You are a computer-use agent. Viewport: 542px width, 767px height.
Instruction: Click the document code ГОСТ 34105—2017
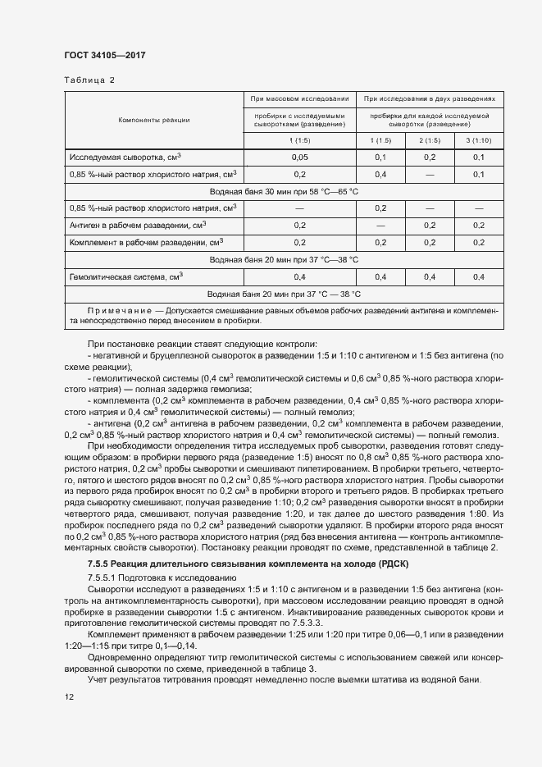coord(105,57)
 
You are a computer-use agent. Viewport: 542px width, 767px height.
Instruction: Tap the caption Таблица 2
coord(89,80)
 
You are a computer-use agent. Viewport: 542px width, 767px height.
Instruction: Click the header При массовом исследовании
coord(300,99)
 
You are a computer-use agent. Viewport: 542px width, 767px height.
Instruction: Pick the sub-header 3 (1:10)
coord(479,140)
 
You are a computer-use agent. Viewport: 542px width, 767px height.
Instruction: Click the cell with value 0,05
coord(300,157)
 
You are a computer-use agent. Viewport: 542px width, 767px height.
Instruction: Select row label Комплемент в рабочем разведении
coord(147,243)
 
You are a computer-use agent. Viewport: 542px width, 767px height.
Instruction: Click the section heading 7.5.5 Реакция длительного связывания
coord(247,565)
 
